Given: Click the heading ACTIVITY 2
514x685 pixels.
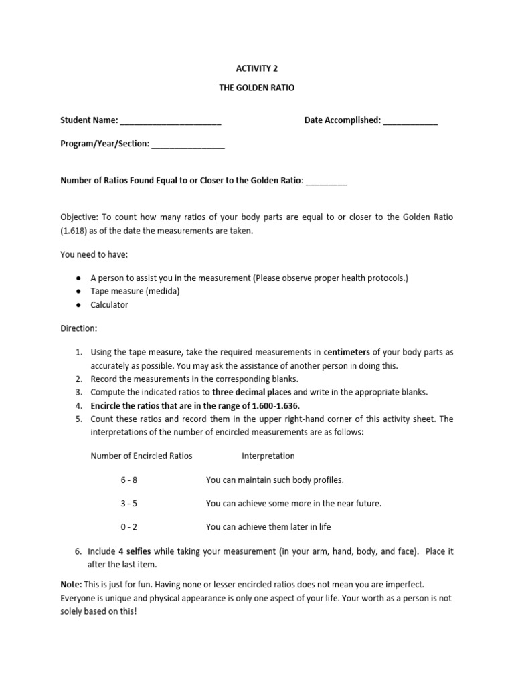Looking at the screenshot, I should [x=256, y=68].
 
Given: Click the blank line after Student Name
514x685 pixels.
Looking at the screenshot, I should [x=171, y=121].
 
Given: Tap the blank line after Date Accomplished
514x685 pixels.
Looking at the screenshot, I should [x=410, y=121].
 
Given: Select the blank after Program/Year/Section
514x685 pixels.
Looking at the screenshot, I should [x=188, y=144].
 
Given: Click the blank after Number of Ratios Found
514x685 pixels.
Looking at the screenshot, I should [x=326, y=181].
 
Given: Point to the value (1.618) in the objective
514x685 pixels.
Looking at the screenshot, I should [x=76, y=231].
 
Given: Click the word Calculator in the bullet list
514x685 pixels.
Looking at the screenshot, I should [x=109, y=305].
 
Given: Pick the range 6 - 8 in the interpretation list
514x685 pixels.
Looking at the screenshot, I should [x=129, y=480].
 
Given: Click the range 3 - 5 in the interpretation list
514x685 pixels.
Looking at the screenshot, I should [x=129, y=503].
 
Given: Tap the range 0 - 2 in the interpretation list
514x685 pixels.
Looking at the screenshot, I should [x=129, y=527].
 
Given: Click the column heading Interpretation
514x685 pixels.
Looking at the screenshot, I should [x=268, y=456].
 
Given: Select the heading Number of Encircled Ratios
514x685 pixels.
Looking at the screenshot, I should [x=141, y=456].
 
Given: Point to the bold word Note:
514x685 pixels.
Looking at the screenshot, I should [x=72, y=585].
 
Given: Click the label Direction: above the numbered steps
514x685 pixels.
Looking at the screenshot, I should [x=79, y=328].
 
